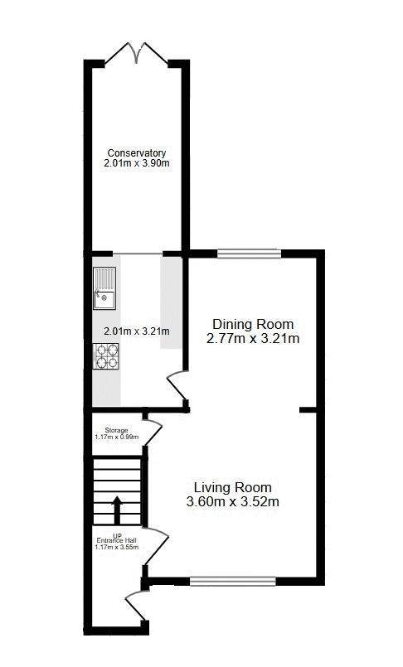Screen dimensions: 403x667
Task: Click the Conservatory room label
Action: tap(137, 152)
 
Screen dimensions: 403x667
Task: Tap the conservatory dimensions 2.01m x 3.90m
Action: tap(137, 163)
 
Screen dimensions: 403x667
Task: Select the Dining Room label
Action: tap(253, 324)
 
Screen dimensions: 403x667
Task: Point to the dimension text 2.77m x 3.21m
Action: tap(253, 339)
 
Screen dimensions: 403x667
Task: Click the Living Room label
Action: tap(233, 487)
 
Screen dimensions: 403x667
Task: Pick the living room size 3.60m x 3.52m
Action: tap(233, 501)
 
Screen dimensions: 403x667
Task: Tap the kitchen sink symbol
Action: tap(104, 288)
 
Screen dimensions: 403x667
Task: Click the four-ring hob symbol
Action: tap(106, 356)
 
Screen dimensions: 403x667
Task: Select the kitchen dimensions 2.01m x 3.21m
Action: tap(137, 331)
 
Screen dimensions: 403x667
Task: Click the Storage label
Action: tap(116, 431)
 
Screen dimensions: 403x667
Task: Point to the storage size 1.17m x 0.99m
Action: tap(116, 437)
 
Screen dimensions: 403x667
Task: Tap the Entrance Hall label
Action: tap(117, 541)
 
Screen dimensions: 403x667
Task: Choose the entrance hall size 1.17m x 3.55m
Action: tap(117, 547)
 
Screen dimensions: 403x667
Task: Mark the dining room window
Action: tap(250, 254)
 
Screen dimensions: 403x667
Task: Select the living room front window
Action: tap(233, 581)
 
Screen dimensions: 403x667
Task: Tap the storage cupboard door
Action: tap(153, 433)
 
